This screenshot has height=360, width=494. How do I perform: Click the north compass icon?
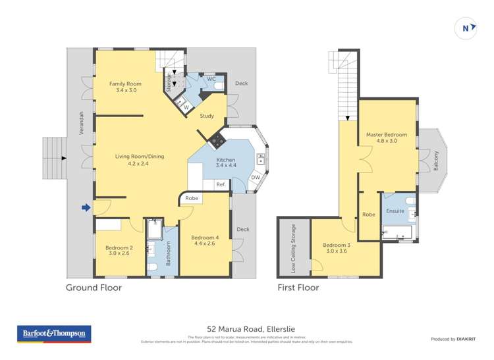(x=466, y=28)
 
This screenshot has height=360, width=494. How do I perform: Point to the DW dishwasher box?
(x=256, y=177)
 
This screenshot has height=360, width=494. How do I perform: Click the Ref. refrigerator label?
(x=221, y=185)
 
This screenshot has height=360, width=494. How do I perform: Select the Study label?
(x=207, y=116)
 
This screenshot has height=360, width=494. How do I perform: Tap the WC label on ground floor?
(x=211, y=79)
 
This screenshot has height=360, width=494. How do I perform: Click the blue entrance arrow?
(x=86, y=209)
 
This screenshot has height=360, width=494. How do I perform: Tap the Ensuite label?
(x=395, y=212)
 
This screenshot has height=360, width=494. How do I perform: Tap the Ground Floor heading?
(x=94, y=288)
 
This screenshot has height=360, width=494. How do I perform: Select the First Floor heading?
(x=299, y=288)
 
